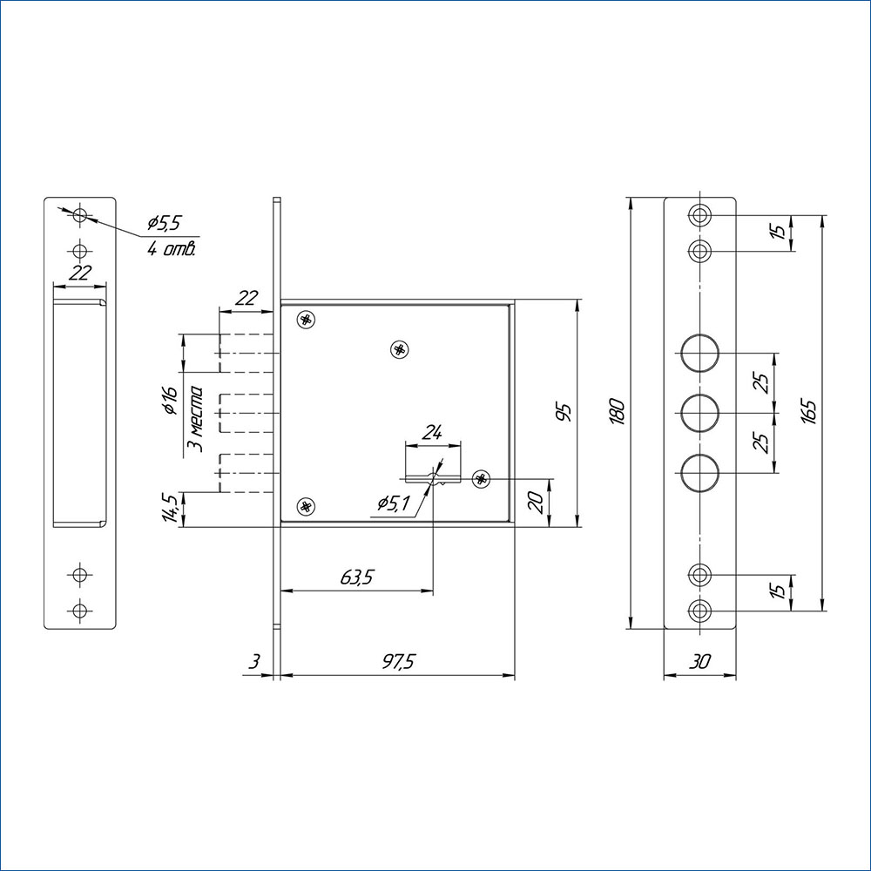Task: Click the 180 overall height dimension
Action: pos(618,412)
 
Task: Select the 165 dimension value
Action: pos(809,412)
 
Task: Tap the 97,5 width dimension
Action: pos(399,662)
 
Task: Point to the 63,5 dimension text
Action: pos(356,577)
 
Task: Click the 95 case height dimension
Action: pos(564,413)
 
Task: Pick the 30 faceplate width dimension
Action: pos(700,662)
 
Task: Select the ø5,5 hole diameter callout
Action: pos(165,223)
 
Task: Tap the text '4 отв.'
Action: pos(171,249)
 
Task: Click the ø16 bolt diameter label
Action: pos(170,401)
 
